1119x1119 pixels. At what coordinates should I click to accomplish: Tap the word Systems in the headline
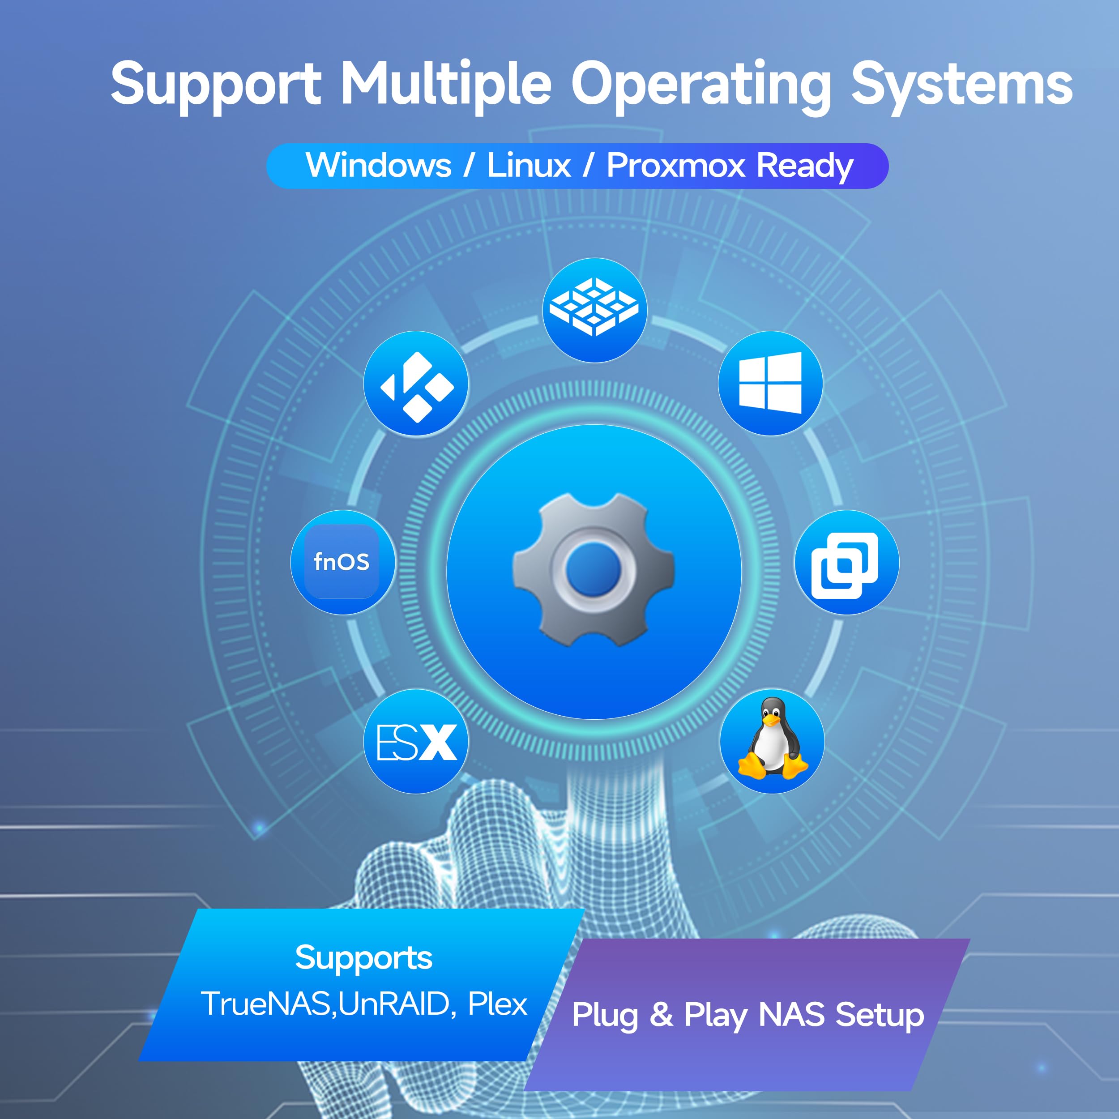coord(961,84)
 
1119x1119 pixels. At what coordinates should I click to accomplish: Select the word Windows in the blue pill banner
coord(378,166)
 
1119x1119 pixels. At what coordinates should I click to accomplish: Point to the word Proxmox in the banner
coord(675,166)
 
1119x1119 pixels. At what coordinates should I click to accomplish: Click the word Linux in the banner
coord(528,166)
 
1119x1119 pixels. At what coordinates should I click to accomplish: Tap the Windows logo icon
coord(770,383)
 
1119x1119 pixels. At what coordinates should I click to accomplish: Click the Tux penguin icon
coord(772,741)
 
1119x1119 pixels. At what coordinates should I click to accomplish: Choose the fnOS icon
coord(342,562)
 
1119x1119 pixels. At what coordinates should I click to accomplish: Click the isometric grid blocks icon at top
coord(594,309)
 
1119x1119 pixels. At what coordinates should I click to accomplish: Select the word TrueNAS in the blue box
coord(265,1004)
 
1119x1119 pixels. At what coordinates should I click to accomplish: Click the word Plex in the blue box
coord(497,1004)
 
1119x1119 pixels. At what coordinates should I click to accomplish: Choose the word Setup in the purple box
coord(879,1015)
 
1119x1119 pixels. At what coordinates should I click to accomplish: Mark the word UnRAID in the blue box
coord(394,1004)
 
